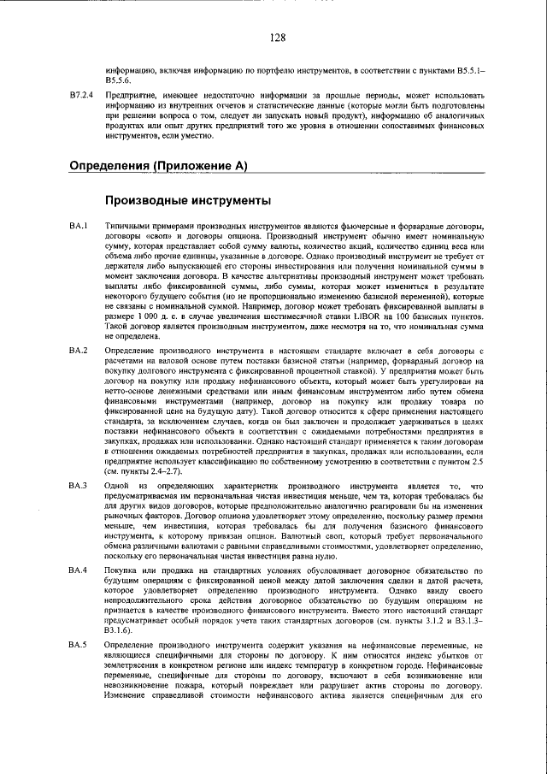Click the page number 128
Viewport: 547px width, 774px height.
[x=276, y=37]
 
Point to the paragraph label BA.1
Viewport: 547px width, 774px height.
[x=79, y=225]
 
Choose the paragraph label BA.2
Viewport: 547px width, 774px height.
[x=79, y=375]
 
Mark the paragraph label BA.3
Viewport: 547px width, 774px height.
[x=79, y=486]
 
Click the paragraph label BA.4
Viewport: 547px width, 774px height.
[x=79, y=570]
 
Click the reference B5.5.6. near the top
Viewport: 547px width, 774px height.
[x=119, y=78]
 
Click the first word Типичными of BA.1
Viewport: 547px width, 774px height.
[x=127, y=225]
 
